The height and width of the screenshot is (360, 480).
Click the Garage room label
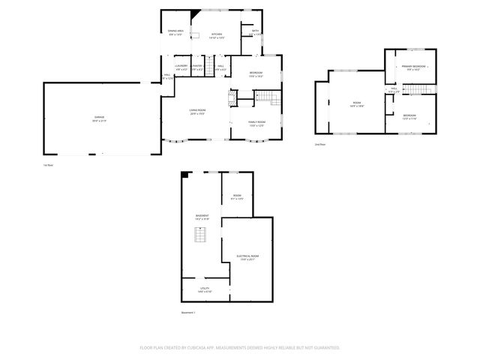coord(99,119)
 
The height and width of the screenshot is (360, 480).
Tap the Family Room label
coord(258,123)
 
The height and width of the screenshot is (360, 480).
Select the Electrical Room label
coord(247,257)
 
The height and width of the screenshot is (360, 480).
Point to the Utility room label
coord(205,289)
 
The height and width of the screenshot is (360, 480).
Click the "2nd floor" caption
coord(321,144)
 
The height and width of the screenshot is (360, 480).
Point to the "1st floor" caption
coord(49,164)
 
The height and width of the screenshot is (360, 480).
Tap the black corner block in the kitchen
coord(196,13)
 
